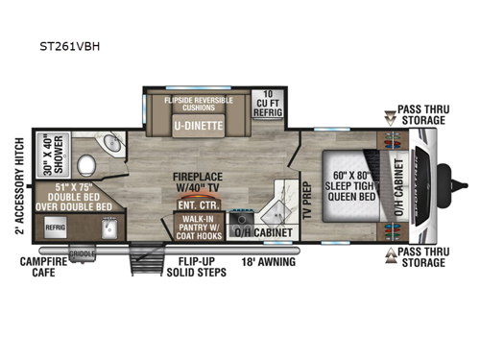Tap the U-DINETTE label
[x=198, y=126]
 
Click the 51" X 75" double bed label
[x=74, y=195]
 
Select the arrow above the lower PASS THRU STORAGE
[x=389, y=252]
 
